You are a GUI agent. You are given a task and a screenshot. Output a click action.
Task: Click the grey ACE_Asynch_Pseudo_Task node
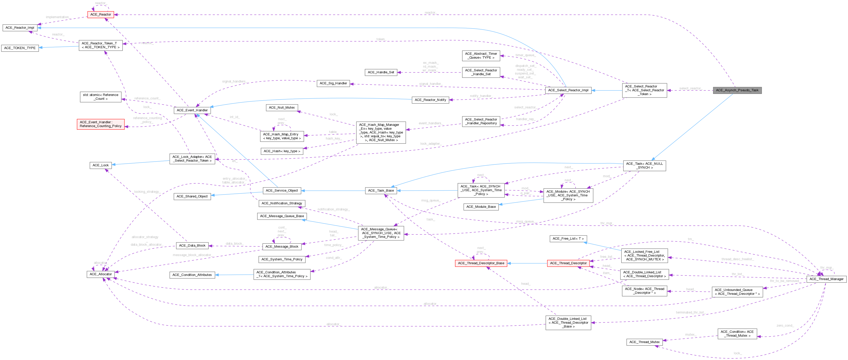pyautogui.click(x=737, y=90)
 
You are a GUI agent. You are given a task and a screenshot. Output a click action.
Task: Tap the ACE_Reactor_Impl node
pyautogui.click(x=20, y=28)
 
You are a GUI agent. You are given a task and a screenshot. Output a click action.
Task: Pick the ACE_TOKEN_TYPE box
pyautogui.click(x=20, y=48)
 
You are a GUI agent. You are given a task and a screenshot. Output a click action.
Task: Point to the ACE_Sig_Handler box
pyautogui.click(x=333, y=83)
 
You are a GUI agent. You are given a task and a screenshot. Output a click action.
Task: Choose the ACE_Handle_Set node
pyautogui.click(x=381, y=72)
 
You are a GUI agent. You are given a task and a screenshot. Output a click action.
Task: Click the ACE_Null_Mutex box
pyautogui.click(x=282, y=108)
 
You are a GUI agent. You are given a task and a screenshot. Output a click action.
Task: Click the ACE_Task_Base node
pyautogui.click(x=381, y=190)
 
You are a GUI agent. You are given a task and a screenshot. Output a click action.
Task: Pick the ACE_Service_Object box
pyautogui.click(x=282, y=190)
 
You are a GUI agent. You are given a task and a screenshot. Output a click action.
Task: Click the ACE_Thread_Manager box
pyautogui.click(x=826, y=279)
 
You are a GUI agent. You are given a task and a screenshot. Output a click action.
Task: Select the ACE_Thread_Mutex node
pyautogui.click(x=644, y=342)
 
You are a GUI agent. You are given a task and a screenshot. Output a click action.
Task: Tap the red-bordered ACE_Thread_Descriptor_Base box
pyautogui.click(x=481, y=263)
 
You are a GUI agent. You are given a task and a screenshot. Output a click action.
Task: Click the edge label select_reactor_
pyautogui.click(x=690, y=88)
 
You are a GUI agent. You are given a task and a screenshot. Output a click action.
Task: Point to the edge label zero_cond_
pyautogui.click(x=785, y=326)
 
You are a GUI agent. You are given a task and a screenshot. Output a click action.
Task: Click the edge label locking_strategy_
pyautogui.click(x=147, y=192)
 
